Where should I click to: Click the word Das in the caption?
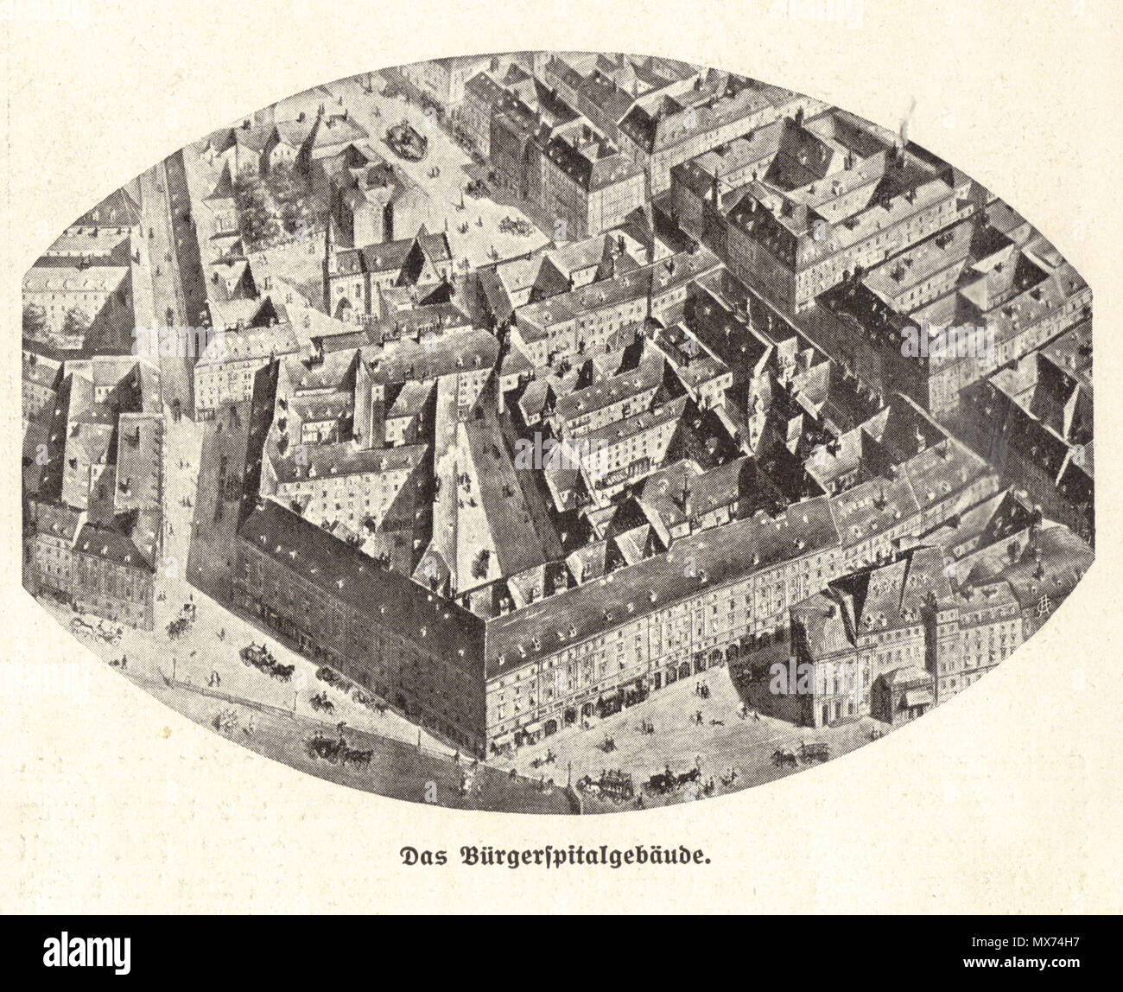click(419, 856)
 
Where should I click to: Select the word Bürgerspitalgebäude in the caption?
click(587, 857)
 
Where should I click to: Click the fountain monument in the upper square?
click(406, 139)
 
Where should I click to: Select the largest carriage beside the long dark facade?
click(266, 660)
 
